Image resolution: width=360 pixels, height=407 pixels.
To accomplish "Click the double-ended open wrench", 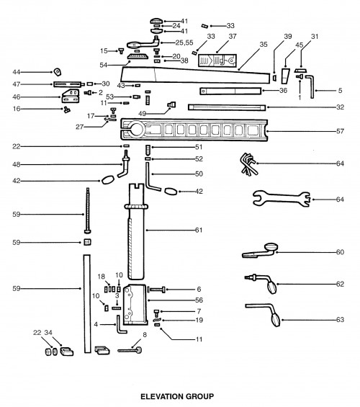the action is [282, 198].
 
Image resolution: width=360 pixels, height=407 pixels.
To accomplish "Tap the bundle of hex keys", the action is [248, 164].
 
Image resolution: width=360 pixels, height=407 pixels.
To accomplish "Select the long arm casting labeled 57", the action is [194, 130].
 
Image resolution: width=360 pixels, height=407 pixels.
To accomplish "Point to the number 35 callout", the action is [264, 45].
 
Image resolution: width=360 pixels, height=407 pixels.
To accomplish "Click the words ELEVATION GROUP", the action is [177, 396].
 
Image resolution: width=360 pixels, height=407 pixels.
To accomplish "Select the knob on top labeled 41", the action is [156, 21].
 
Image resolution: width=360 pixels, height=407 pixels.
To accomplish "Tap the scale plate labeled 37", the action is [217, 61].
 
